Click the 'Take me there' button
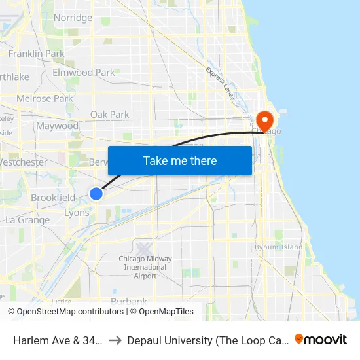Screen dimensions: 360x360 tap(180, 161)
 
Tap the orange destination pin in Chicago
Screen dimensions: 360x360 tap(264, 120)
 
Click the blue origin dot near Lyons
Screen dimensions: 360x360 tap(96, 194)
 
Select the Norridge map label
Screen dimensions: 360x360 tap(73, 18)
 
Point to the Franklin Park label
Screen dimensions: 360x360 tap(36, 53)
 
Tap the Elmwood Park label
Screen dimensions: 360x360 tap(83, 73)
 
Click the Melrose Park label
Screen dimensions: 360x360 tap(45, 99)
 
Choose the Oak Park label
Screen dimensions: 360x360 tap(109, 115)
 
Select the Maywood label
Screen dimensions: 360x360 tap(57, 126)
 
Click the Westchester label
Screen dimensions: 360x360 tap(24, 162)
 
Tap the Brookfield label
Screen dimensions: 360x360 tap(53, 198)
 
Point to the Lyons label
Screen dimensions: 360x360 tap(77, 213)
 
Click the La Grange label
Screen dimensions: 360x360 tap(27, 220)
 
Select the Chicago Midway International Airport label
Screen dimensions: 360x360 tap(145, 267)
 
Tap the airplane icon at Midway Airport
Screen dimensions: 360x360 tap(145, 249)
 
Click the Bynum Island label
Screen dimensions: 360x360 tap(279, 247)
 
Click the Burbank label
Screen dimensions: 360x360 tap(129, 302)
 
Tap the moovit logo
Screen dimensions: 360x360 tap(321, 339)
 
